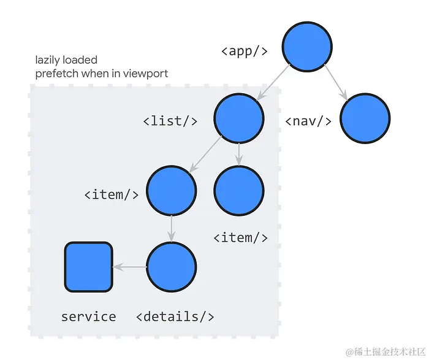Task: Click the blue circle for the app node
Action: click(x=307, y=47)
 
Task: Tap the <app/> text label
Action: click(x=244, y=51)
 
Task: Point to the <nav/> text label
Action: click(x=308, y=121)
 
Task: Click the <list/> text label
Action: click(x=170, y=121)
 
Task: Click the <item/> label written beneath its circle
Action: click(x=240, y=237)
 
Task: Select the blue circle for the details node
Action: click(x=172, y=267)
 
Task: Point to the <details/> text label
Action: click(x=175, y=316)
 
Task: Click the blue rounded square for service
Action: click(x=89, y=267)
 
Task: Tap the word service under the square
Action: click(x=88, y=316)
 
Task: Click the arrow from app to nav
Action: click(x=336, y=82)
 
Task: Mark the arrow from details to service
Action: click(x=130, y=267)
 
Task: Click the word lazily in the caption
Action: click(x=49, y=61)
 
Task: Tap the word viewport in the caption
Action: click(x=146, y=74)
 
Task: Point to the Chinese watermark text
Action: click(x=386, y=351)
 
